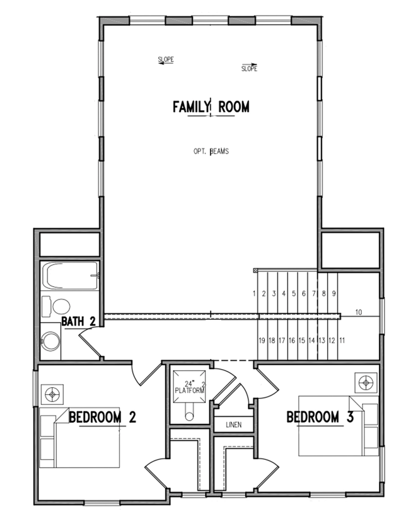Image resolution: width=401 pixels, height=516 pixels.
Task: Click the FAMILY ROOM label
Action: (x=211, y=107)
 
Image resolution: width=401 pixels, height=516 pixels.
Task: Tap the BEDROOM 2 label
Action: (x=102, y=417)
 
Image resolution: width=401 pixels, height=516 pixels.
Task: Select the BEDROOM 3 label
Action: (x=320, y=417)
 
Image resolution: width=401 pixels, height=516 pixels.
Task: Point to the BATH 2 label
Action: (x=79, y=321)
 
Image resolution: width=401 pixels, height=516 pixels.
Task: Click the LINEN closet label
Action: (x=234, y=425)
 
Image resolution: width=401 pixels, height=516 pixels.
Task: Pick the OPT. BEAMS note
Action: (x=211, y=151)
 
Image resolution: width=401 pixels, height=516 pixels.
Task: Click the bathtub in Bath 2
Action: (x=70, y=276)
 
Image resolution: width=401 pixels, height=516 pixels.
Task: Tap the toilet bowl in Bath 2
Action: (x=61, y=307)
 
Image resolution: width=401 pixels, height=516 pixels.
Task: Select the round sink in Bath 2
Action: (x=51, y=341)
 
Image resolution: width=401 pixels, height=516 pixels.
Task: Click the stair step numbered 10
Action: (x=359, y=312)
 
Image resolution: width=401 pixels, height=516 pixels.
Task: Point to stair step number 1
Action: (x=254, y=293)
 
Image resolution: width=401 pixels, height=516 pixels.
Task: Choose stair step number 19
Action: (x=262, y=341)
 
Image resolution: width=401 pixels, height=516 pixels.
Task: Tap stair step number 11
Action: (x=342, y=341)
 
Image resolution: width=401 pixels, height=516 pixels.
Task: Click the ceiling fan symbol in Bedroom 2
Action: (x=52, y=394)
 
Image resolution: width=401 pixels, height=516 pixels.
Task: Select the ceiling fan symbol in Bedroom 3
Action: (x=366, y=383)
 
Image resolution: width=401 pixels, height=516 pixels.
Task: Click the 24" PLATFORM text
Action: (x=190, y=387)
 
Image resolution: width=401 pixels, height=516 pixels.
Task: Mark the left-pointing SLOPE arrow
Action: (x=166, y=63)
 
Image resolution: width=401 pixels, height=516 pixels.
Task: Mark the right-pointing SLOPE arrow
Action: (x=249, y=65)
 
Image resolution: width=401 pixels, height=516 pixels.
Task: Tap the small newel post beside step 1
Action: (x=255, y=271)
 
